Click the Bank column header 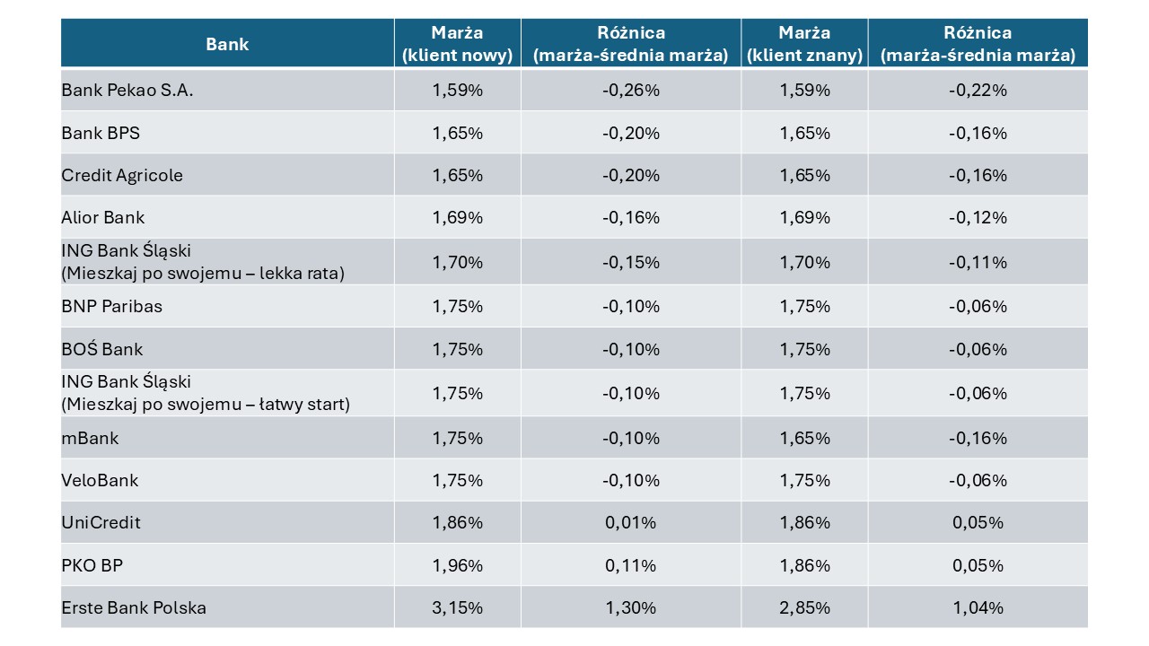click(227, 44)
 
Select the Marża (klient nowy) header click(457, 44)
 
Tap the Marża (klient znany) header click(804, 44)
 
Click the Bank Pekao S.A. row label click(127, 91)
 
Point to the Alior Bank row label click(103, 217)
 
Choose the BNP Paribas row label click(112, 306)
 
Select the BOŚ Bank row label click(102, 349)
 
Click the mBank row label click(91, 438)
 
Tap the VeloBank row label click(100, 480)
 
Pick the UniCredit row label click(101, 522)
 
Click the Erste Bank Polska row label click(134, 607)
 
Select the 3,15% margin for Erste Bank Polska click(457, 607)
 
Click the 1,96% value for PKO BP click(457, 565)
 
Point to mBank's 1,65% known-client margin click(804, 438)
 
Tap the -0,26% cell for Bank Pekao click(631, 91)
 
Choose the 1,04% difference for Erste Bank click(978, 607)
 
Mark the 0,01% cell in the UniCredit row click(631, 522)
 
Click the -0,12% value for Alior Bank click(978, 217)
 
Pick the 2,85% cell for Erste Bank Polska click(804, 607)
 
